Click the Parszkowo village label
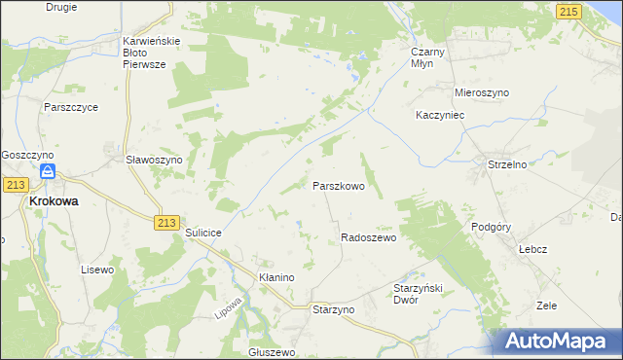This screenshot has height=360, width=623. click(x=339, y=185)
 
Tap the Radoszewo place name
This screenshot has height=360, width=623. click(x=368, y=237)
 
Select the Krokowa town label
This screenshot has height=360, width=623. click(x=55, y=201)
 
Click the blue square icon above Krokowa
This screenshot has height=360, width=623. click(x=47, y=172)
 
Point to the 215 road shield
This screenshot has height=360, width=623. click(x=569, y=10)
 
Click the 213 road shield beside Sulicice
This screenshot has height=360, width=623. click(x=165, y=223)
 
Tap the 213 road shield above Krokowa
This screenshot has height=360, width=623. click(x=15, y=184)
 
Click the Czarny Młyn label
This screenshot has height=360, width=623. click(x=428, y=56)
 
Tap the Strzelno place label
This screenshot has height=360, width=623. click(x=507, y=164)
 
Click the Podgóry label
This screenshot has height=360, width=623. click(x=491, y=226)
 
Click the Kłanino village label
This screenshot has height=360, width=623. click(x=276, y=277)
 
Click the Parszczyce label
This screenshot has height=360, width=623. click(x=70, y=107)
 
